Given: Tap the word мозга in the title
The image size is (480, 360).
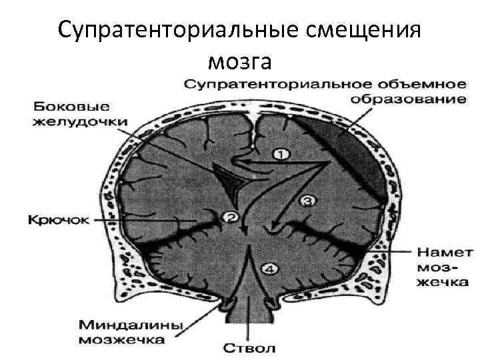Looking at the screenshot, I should coord(240,61).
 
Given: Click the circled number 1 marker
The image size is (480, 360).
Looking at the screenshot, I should coord(281,154).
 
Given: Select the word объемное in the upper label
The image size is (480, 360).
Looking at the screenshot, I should coord(418,85).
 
